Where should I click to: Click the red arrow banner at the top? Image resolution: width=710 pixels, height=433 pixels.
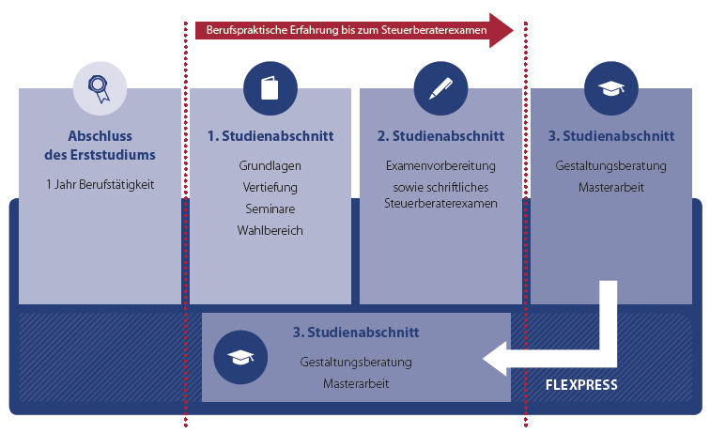coord(347,30)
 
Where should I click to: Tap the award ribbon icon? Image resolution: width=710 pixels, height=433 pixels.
coord(100,88)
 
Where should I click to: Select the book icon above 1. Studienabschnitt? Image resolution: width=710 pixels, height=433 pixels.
coord(270,88)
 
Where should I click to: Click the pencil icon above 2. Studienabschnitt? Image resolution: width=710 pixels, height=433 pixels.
coord(440,88)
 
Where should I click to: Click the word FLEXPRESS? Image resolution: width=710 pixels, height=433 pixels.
coord(581,385)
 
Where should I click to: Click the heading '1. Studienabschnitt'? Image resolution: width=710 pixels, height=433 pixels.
coord(270,136)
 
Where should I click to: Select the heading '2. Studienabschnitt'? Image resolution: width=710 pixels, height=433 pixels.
coord(440,136)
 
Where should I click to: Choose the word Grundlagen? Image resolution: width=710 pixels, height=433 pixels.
coord(270,165)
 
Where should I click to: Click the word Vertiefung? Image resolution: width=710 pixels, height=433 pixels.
coord(270,187)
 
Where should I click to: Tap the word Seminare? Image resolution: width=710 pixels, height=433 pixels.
coord(270,209)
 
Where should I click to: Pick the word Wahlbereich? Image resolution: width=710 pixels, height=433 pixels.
coord(270,230)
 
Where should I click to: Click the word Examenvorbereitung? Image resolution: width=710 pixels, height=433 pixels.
coord(440,165)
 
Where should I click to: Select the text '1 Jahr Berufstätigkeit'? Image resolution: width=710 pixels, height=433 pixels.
coord(100,183)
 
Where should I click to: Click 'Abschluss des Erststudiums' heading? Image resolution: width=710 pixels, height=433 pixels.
coord(100,145)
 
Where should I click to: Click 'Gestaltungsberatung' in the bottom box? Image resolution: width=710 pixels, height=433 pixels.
coord(356,362)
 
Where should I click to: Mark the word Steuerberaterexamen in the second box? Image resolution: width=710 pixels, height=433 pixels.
coord(440,203)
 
